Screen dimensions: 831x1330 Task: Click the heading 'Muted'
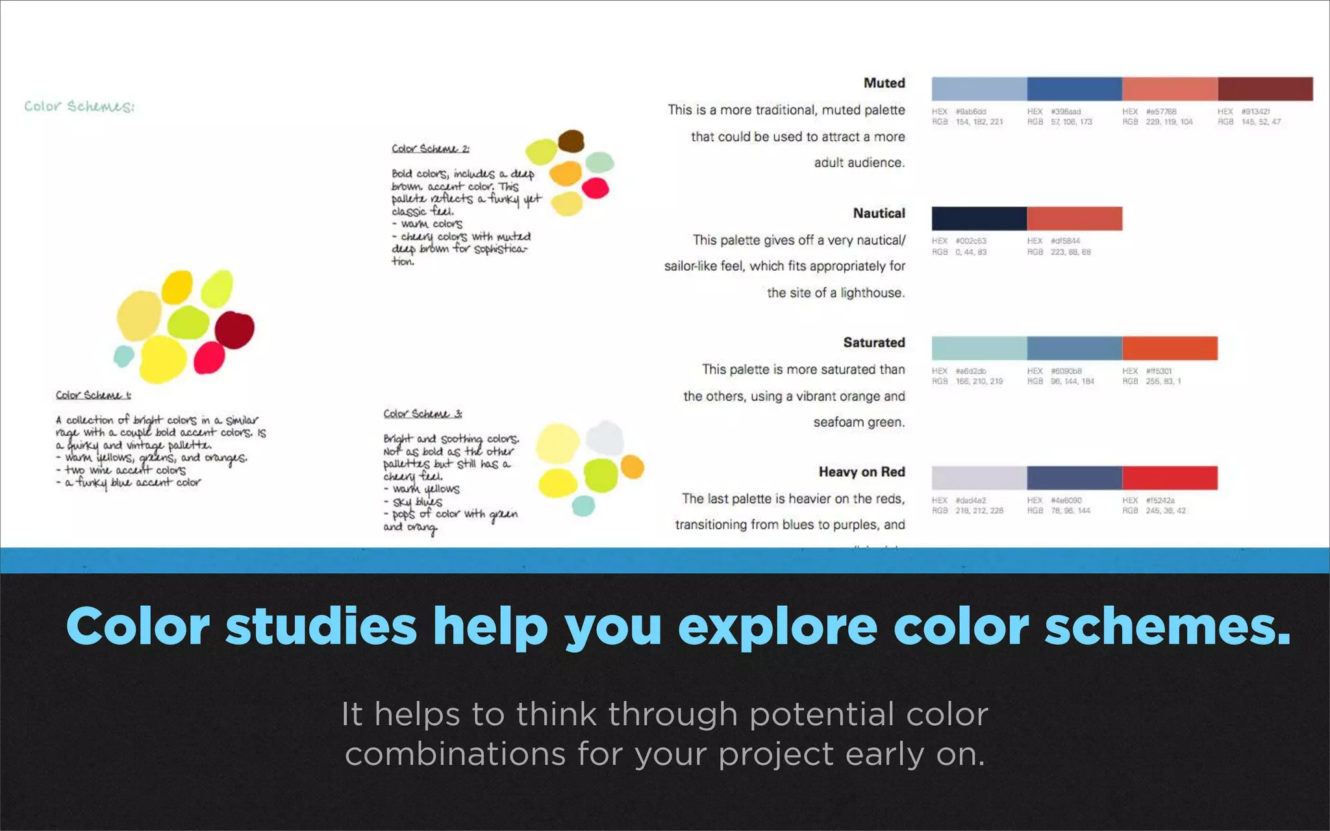pos(884,83)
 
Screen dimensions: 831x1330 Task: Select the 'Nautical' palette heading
pos(879,214)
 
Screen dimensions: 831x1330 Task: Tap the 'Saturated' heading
pos(873,343)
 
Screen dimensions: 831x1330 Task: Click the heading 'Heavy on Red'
pos(861,472)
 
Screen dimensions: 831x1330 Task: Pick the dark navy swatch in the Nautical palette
pos(979,219)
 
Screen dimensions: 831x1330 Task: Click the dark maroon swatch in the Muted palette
pos(1264,89)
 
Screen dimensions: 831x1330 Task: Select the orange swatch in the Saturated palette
pos(1169,349)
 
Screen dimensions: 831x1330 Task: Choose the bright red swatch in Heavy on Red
pos(1169,478)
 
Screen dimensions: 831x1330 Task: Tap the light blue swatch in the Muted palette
pos(979,89)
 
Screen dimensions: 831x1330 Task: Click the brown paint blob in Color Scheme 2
pos(571,141)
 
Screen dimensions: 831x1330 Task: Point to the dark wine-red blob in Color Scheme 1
pos(234,330)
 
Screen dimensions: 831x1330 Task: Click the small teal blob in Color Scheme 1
pos(123,356)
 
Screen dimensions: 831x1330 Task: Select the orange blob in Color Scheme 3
pos(632,467)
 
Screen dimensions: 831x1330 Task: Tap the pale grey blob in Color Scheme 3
pos(605,438)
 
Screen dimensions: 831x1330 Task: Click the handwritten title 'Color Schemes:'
pos(79,106)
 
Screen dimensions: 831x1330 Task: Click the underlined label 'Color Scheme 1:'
pos(93,395)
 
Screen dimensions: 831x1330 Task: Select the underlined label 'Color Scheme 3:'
pos(422,414)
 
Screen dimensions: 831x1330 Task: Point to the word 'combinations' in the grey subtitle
pos(455,754)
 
